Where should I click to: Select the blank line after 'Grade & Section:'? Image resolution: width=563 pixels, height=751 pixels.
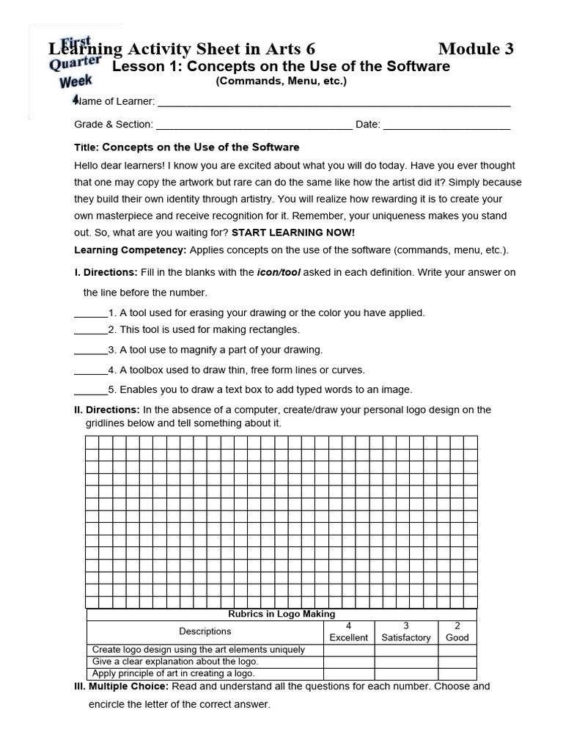(254, 126)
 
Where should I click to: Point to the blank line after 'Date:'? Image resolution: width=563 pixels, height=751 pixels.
(446, 126)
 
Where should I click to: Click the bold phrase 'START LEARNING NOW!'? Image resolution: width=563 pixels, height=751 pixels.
(292, 232)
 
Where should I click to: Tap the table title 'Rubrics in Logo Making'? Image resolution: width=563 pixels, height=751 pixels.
(281, 614)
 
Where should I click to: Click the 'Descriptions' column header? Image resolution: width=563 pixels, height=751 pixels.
(205, 631)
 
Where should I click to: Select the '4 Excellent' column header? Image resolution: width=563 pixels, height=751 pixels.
(348, 632)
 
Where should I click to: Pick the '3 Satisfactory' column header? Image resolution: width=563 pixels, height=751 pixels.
(406, 632)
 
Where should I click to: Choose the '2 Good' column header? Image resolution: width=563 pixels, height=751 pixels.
(457, 632)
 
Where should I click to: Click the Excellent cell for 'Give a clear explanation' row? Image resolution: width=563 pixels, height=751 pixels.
(348, 662)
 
